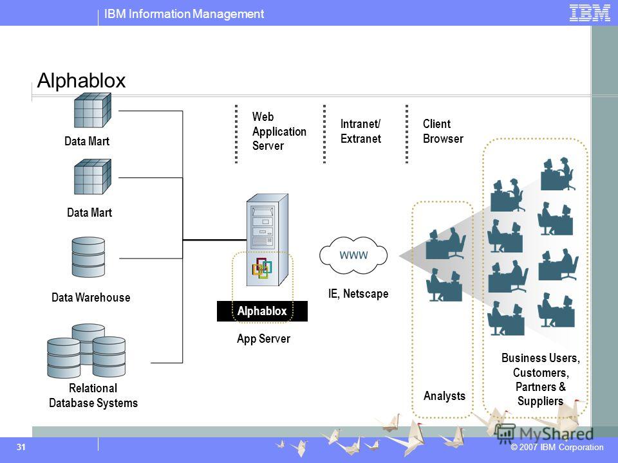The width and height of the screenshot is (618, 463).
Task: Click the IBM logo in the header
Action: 590,13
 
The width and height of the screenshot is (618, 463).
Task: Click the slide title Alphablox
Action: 81,80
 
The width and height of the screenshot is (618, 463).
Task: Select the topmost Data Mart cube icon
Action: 93,110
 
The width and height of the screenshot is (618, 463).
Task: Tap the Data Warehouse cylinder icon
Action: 88,257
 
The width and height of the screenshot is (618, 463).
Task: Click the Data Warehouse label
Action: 91,297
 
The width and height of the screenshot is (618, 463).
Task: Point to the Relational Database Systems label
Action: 93,395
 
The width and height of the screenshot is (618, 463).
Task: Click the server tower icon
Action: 267,240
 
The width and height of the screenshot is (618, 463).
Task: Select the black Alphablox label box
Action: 262,311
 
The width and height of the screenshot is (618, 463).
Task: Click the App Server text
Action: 263,339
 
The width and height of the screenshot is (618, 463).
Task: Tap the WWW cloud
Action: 353,255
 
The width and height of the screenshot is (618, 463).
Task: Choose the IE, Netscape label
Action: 359,294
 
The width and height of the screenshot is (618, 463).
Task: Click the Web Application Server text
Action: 279,131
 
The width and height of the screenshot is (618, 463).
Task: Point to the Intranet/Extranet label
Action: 360,131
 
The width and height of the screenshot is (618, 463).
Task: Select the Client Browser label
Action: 443,131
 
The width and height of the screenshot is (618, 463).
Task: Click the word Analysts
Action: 444,395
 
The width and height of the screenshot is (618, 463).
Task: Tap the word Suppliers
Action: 540,401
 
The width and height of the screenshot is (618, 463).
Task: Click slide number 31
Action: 21,447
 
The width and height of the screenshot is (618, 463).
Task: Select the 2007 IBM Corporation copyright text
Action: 557,448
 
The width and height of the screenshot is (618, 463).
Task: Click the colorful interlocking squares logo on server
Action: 262,268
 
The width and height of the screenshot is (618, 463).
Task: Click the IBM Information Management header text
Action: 184,14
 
